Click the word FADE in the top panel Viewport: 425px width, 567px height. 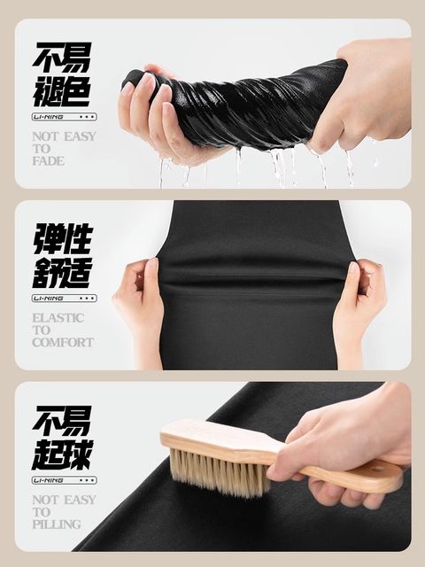(48, 161)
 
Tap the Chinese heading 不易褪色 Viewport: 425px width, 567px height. (61, 74)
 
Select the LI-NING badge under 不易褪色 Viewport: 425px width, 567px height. (65, 117)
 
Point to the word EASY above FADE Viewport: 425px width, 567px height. (80, 136)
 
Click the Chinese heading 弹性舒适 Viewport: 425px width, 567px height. (62, 256)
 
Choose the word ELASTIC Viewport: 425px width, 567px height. (58, 318)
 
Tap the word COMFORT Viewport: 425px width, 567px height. (63, 342)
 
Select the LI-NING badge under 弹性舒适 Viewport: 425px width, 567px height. (65, 299)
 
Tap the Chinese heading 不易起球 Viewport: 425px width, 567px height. (62, 438)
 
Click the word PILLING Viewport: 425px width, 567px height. (57, 524)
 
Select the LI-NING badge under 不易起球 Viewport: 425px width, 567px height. (65, 480)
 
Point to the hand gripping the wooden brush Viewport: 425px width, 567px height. (347, 448)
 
